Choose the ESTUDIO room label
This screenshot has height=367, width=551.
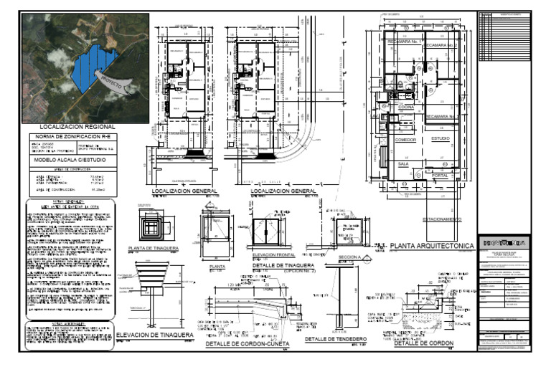[441, 138]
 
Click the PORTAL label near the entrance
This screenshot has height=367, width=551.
[441, 174]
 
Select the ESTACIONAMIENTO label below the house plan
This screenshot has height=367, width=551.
[446, 218]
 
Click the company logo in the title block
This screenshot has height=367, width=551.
[505, 243]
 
